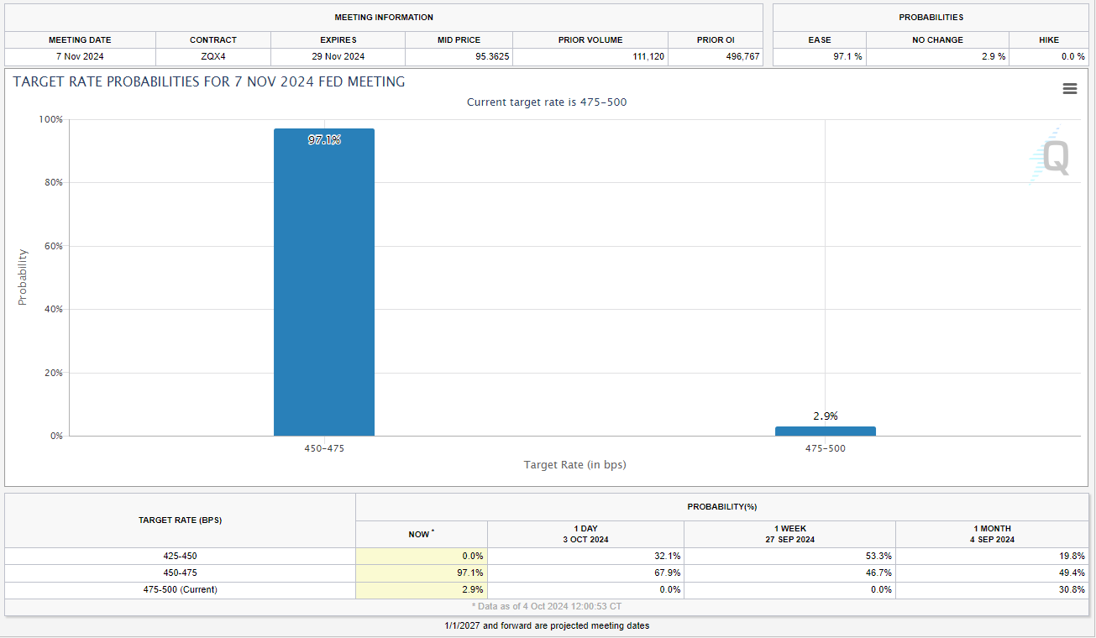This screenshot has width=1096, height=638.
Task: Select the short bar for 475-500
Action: (825, 431)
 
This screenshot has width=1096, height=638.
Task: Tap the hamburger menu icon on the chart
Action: (1069, 89)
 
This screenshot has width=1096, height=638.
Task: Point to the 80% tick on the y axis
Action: (52, 183)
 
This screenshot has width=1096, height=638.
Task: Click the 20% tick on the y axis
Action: (52, 373)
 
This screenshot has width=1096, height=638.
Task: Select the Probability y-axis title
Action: (23, 277)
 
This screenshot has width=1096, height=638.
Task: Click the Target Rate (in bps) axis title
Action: (574, 464)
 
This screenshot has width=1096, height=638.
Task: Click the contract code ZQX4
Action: (213, 57)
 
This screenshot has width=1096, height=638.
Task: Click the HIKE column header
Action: (1048, 39)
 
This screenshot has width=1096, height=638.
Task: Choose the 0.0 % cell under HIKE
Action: (1072, 57)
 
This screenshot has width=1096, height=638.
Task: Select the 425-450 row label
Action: (180, 556)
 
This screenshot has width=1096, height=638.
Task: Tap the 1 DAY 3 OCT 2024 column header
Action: (585, 534)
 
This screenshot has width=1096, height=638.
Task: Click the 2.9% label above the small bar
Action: (825, 416)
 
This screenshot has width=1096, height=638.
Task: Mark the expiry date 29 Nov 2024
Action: (338, 57)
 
